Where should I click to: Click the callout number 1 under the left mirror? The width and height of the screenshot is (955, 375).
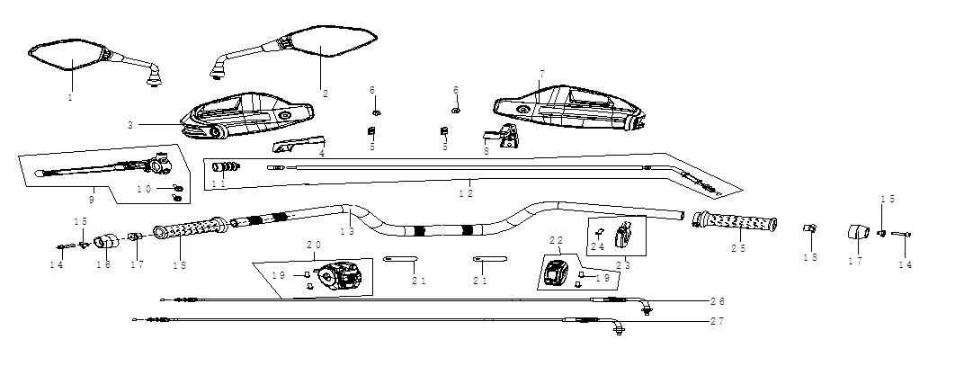click(70, 97)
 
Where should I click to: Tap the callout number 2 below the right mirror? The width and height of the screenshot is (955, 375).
click(326, 94)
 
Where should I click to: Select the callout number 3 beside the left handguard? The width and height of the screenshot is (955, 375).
click(130, 125)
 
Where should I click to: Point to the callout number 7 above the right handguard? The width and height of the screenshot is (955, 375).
click(541, 74)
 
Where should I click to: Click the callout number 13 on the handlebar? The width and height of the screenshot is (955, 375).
click(347, 231)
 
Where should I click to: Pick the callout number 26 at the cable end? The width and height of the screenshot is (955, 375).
click(718, 301)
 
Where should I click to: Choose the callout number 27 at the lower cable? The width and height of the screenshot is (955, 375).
click(718, 321)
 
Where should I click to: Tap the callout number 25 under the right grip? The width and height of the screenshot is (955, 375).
click(738, 248)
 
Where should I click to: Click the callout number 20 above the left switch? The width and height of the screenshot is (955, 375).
click(314, 244)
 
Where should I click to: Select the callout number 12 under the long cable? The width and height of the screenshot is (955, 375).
click(466, 193)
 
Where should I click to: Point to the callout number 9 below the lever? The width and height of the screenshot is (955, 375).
click(92, 199)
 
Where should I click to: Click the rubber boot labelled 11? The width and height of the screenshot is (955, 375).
click(226, 167)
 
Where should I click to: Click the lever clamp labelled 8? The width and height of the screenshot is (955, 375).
click(502, 136)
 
